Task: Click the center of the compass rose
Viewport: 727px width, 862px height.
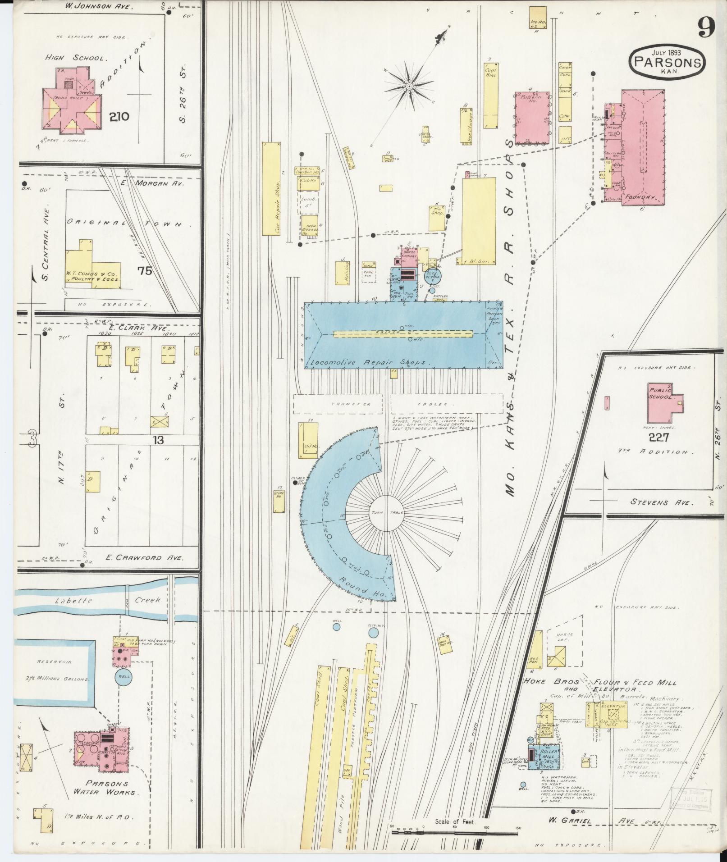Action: [408, 86]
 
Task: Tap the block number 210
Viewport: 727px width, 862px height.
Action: [119, 117]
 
